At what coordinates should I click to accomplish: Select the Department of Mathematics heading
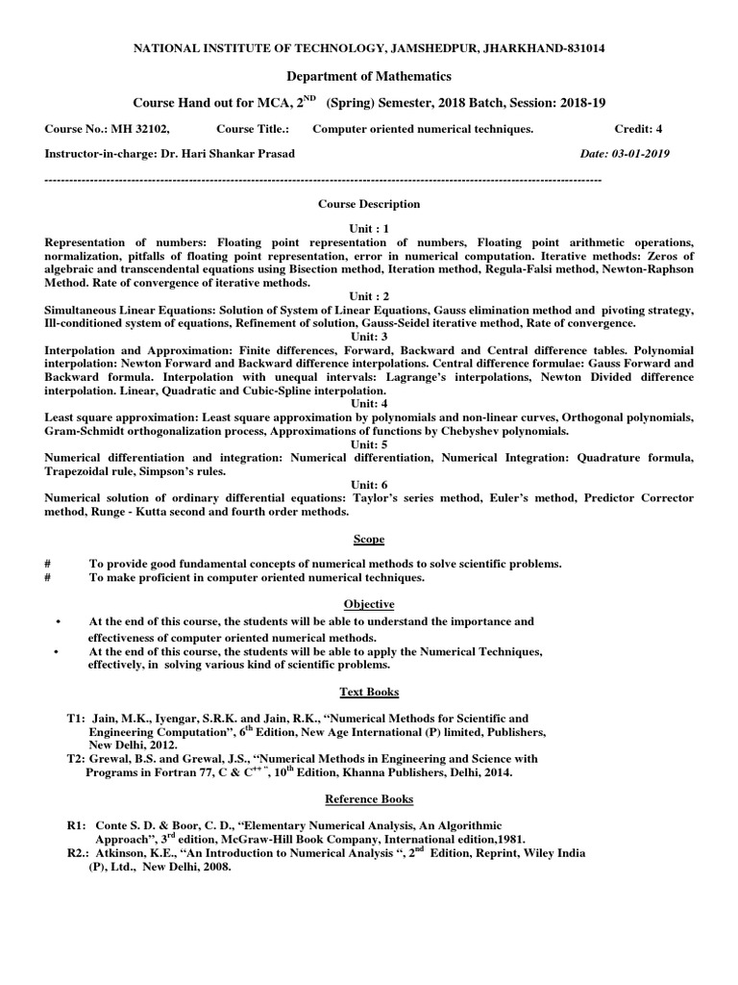pos(369,75)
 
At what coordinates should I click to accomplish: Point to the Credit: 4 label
pos(647,128)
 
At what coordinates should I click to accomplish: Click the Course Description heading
pos(369,204)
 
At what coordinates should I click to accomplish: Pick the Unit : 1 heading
pos(369,229)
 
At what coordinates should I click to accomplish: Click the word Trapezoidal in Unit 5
pos(82,472)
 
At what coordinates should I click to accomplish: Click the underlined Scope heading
pos(369,542)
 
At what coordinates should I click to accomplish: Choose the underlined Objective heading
pos(369,604)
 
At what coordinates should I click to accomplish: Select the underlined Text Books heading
pos(369,692)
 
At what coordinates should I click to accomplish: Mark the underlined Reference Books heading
pos(369,798)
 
